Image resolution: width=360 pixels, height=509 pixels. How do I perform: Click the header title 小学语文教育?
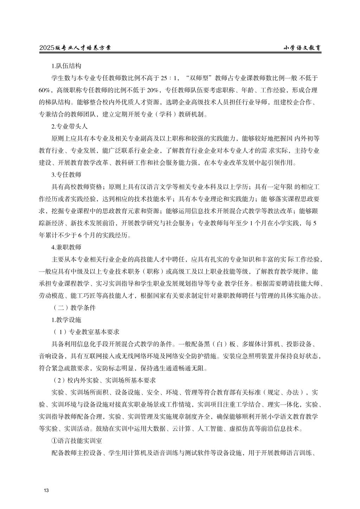pos(302,48)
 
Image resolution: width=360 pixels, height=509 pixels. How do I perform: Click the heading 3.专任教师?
pos(66,175)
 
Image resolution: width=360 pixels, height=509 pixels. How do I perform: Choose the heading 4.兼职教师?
pos(66,247)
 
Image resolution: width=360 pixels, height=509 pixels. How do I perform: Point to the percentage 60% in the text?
pos(45,90)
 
